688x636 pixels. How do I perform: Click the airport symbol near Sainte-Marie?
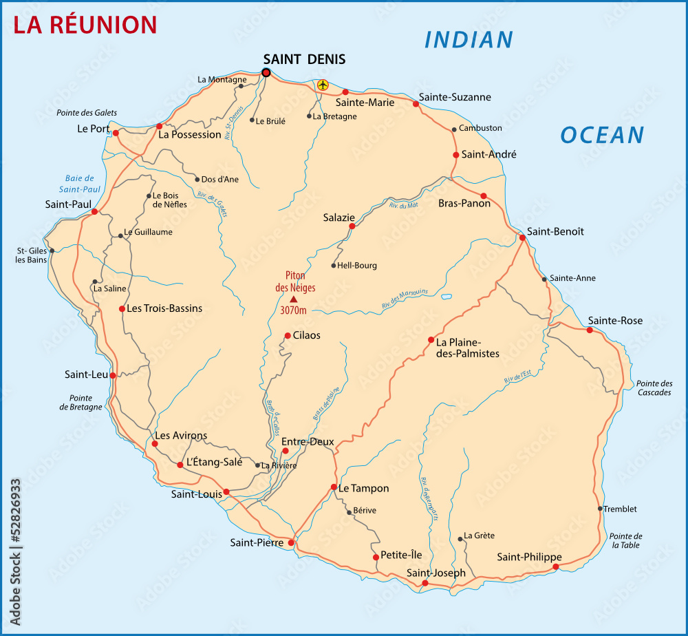(323, 85)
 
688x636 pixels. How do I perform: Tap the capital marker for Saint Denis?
(266, 72)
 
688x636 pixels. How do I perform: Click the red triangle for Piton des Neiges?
(294, 299)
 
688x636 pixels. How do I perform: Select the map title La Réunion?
(86, 25)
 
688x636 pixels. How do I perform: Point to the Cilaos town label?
(307, 336)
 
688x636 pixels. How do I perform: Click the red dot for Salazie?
(352, 226)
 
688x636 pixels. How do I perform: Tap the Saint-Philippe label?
(529, 557)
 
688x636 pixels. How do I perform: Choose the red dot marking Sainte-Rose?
(590, 330)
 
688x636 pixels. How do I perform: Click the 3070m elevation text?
(294, 310)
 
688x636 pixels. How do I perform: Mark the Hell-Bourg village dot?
(334, 266)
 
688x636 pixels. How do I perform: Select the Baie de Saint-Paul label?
(79, 184)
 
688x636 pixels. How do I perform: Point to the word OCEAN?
(602, 135)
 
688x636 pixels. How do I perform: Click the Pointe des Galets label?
(87, 112)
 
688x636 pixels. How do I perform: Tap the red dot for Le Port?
(116, 133)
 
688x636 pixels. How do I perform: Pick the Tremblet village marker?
(600, 509)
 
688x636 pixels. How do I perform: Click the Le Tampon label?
(363, 488)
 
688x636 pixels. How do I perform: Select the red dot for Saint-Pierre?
(291, 543)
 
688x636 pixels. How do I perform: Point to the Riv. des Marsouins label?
(405, 299)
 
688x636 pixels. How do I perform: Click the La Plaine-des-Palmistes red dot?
(431, 339)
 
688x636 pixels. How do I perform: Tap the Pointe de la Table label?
(625, 540)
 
